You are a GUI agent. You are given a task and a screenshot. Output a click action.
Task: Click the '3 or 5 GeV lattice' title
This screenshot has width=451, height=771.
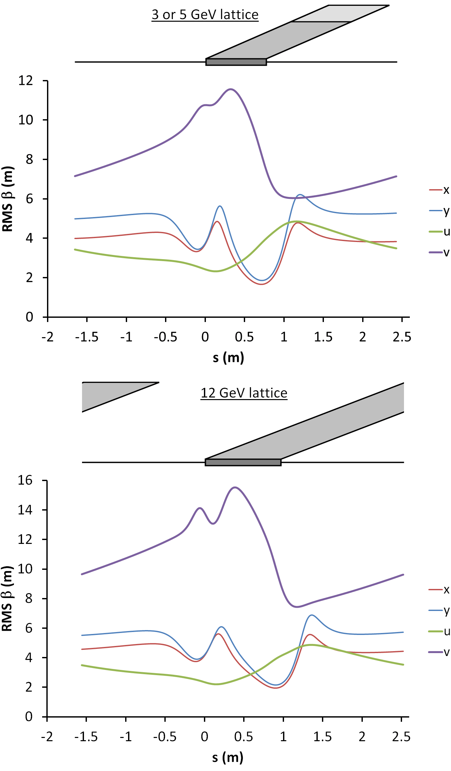(x=205, y=15)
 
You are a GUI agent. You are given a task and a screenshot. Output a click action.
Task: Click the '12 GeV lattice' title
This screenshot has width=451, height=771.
(x=244, y=393)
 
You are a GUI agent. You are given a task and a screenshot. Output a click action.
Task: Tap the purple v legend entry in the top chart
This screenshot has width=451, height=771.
(x=440, y=252)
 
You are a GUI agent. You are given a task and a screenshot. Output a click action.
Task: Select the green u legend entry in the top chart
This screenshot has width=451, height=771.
(x=440, y=232)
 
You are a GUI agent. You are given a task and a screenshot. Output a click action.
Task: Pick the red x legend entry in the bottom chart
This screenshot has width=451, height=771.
(x=439, y=590)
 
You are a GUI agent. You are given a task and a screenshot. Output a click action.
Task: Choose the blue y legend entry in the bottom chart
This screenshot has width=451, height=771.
(x=439, y=611)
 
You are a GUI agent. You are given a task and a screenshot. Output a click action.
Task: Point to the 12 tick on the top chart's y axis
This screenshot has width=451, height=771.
(x=26, y=80)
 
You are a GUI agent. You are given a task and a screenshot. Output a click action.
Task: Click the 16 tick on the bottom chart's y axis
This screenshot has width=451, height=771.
(x=25, y=480)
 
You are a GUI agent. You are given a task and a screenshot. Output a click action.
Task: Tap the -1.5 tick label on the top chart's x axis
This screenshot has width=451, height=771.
(x=87, y=337)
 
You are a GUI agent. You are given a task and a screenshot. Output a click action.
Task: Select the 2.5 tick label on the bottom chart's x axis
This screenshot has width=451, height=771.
(x=401, y=737)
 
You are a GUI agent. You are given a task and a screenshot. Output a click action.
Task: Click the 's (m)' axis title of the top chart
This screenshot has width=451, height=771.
(x=228, y=358)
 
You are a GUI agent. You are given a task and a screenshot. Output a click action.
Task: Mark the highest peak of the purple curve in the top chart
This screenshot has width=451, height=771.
(x=231, y=89)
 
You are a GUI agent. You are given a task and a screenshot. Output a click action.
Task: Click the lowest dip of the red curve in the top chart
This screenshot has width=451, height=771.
(x=261, y=284)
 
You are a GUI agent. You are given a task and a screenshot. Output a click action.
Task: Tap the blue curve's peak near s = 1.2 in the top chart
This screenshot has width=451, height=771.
(x=300, y=195)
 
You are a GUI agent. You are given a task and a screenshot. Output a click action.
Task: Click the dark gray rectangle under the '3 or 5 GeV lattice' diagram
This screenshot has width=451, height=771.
(x=236, y=62)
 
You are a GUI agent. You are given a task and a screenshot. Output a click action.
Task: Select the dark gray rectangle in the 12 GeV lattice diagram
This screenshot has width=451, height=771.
(x=243, y=462)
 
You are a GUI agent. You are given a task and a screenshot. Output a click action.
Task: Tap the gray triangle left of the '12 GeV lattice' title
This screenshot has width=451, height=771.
(x=107, y=393)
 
